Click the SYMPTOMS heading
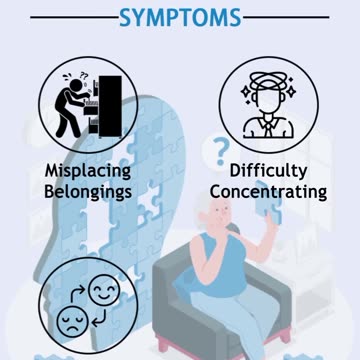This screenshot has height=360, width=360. (180, 17)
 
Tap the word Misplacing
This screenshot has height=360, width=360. (89, 170)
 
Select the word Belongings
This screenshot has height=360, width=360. (89, 190)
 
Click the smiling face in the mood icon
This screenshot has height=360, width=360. (104, 293)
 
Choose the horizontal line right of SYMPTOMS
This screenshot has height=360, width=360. (293, 17)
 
